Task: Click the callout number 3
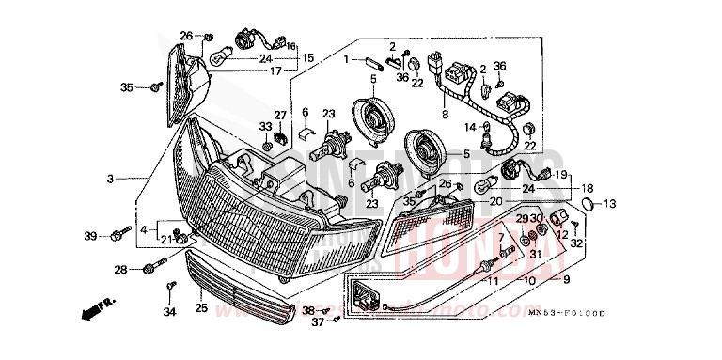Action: point(110,178)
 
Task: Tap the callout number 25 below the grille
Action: point(200,306)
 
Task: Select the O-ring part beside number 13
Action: point(587,204)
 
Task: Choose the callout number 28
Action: point(120,270)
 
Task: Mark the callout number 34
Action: point(169,311)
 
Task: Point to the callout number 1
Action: point(345,59)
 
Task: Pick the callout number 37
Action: point(317,322)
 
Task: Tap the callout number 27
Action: point(253,116)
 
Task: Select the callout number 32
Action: point(576,243)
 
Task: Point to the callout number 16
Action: point(290,46)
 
